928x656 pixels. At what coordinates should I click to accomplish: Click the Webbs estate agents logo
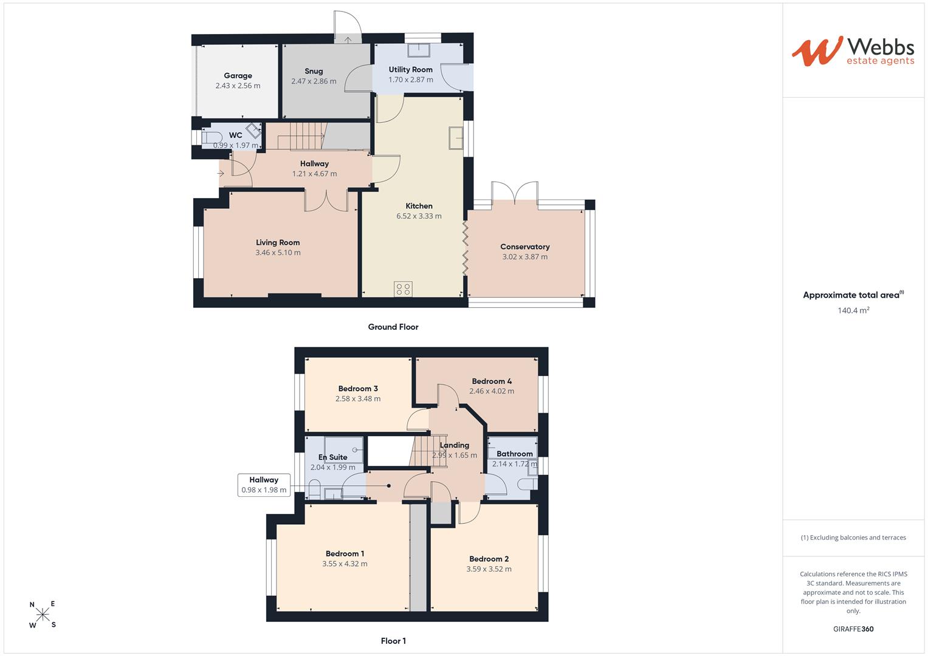pos(853,52)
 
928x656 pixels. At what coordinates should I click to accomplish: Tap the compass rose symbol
pos(43,614)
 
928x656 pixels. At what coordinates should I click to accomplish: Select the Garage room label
pos(238,75)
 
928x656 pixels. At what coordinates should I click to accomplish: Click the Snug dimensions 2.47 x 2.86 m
pos(314,81)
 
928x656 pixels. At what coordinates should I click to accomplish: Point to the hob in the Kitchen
pos(403,289)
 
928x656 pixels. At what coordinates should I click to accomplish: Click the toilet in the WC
pos(211,137)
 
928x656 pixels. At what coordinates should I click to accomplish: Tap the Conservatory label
pos(525,247)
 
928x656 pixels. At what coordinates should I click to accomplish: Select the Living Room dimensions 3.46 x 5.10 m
pos(278,253)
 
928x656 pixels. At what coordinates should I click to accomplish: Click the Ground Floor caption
pos(393,327)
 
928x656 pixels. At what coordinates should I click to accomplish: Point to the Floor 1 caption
pos(393,641)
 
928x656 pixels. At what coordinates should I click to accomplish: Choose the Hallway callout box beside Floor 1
pos(264,485)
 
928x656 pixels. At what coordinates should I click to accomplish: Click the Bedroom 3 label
pos(358,389)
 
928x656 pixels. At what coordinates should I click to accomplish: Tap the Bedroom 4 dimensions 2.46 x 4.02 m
pos(492,391)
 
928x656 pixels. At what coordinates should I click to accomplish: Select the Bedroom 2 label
pos(489,559)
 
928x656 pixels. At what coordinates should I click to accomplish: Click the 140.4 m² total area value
pos(853,310)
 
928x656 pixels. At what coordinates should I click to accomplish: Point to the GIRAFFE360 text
pos(853,629)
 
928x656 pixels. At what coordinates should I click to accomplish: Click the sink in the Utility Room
pos(419,50)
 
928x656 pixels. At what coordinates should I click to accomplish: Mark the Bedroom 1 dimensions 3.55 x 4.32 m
pos(345,564)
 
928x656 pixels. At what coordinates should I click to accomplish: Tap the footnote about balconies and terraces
pos(853,538)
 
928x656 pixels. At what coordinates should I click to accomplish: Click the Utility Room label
pos(411,70)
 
